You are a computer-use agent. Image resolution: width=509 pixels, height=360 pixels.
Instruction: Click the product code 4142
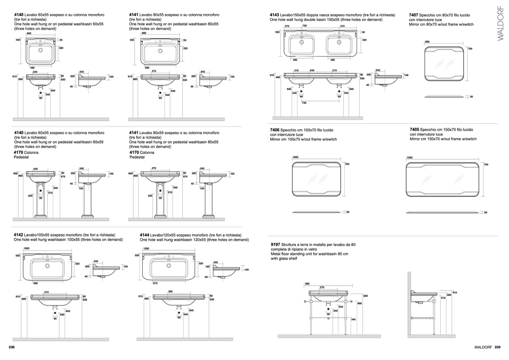coord(18,235)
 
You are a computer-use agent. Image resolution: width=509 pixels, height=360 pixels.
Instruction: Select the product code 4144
coord(145,235)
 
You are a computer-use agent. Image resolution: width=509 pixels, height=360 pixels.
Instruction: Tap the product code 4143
coord(274,15)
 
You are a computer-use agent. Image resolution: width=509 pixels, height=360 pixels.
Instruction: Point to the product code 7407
coord(413,15)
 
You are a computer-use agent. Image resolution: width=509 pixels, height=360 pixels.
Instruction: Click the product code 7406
coord(275,130)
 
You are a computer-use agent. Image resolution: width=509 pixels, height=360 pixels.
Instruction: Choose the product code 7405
coord(414,130)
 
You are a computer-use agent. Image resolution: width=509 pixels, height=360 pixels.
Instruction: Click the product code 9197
coord(276,244)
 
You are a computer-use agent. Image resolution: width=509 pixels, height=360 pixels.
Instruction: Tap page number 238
coord(12,347)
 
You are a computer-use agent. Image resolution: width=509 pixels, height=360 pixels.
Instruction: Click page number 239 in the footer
coord(497,347)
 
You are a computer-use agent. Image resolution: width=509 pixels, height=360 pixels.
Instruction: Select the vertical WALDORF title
coord(500,23)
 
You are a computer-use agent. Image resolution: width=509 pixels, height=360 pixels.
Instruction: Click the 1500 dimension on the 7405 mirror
coord(410,158)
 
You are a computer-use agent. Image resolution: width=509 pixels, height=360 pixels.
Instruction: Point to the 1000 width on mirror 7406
coord(295,158)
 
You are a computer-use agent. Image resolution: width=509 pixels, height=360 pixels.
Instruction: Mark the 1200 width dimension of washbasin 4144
coord(146,249)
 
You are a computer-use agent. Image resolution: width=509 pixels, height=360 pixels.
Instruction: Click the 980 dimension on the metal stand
coord(307,284)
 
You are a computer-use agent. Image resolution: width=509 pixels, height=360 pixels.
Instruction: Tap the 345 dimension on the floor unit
coord(353,319)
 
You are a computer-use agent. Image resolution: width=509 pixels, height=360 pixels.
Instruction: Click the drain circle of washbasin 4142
coord(48,266)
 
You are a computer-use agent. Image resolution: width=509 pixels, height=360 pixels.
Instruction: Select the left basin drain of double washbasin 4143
coord(301,42)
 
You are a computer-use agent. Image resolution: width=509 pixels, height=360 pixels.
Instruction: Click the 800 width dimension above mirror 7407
coord(427,42)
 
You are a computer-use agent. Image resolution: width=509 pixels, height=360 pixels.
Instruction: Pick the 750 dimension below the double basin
coord(304,103)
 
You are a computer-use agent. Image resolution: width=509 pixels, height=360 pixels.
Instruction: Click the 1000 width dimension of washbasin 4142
coord(26,249)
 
